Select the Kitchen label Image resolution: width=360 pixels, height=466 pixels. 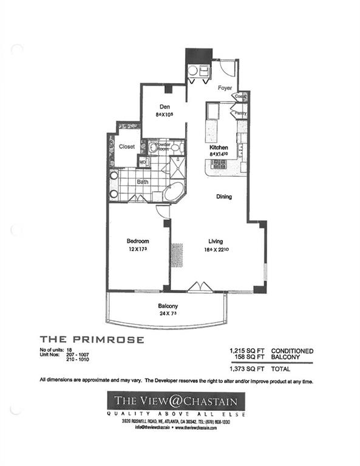(x=219, y=147)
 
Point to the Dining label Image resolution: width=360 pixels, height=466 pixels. (x=224, y=197)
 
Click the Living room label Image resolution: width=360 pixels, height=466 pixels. (x=217, y=241)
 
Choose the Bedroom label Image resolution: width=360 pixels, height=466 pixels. (x=138, y=241)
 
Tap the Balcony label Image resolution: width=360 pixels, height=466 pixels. (x=168, y=306)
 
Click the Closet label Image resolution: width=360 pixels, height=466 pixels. (x=127, y=146)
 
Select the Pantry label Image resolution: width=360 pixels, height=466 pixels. (x=240, y=113)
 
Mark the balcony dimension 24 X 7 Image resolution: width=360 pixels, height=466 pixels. (x=168, y=314)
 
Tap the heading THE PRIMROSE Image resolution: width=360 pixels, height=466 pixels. (x=92, y=340)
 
